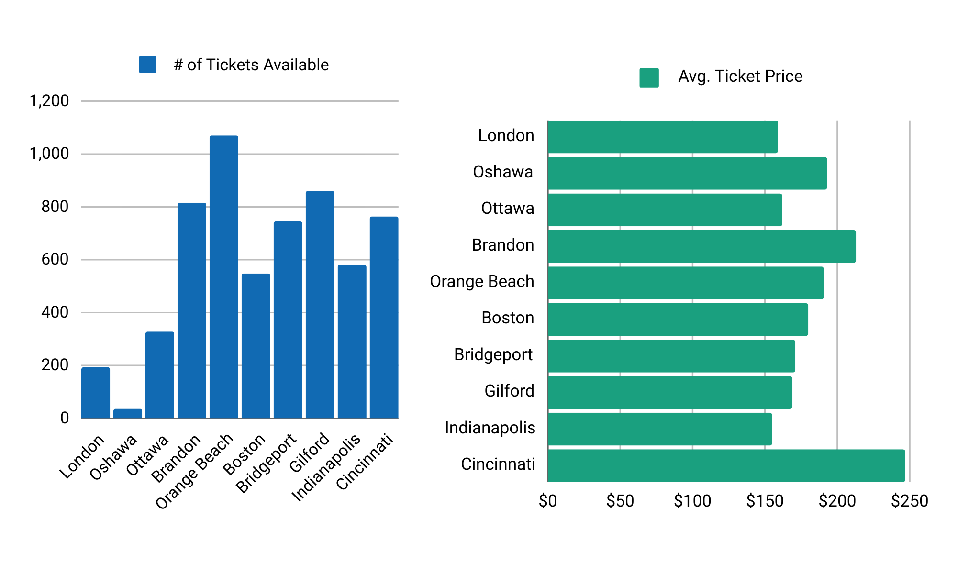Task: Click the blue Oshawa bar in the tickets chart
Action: click(128, 413)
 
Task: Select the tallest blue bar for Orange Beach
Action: click(224, 277)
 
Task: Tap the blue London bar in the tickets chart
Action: click(96, 393)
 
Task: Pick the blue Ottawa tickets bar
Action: click(160, 375)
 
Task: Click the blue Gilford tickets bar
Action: click(320, 305)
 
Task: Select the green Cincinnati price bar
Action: click(726, 465)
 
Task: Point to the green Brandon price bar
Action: click(701, 246)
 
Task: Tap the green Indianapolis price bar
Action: click(659, 429)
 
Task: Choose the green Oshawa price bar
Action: click(687, 173)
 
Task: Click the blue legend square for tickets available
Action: click(147, 65)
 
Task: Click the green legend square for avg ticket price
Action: click(649, 77)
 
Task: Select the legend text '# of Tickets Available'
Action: click(251, 65)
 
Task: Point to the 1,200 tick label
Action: click(49, 101)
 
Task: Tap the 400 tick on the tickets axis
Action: click(55, 312)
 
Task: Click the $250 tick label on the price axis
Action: click(909, 501)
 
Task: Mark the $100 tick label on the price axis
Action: click(692, 501)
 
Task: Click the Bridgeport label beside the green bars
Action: click(493, 354)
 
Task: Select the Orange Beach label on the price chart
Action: click(482, 281)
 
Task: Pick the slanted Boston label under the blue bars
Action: click(244, 454)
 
